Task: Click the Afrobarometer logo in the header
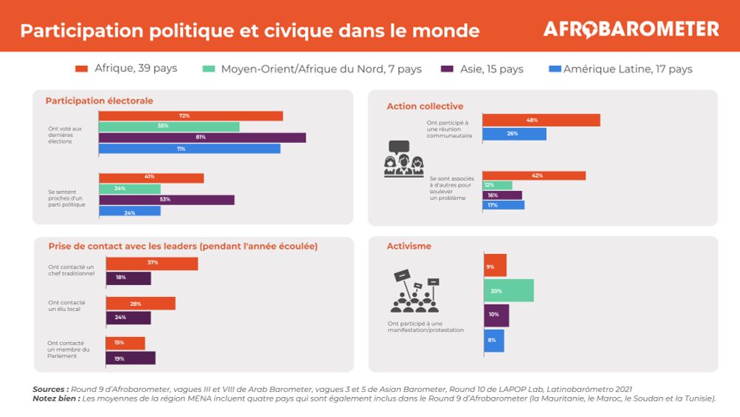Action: coord(630,30)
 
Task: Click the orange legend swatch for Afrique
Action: coord(82,69)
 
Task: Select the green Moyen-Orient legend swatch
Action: coord(209,69)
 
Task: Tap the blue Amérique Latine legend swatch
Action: coord(554,69)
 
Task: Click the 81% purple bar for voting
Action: coord(202,138)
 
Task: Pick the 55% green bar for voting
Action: coord(169,127)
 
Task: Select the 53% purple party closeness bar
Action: coord(166,200)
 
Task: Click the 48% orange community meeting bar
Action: coord(541,120)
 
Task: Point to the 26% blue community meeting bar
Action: coord(514,134)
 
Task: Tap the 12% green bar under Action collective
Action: coord(497,185)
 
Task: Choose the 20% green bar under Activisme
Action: coord(508,291)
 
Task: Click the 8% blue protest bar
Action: coord(494,341)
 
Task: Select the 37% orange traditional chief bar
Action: coord(152,264)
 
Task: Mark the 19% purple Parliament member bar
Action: coord(130,358)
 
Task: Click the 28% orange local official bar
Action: coord(141,304)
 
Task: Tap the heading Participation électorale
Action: coord(99,101)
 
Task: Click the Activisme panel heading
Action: coord(408,246)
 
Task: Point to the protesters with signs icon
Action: coord(414,292)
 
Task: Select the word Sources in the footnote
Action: coord(50,389)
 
